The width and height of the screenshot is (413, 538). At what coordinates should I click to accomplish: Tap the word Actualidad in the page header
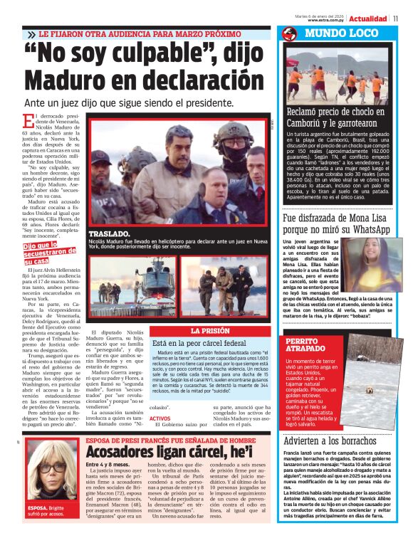[x=368, y=19]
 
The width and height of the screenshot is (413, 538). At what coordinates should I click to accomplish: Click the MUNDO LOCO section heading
[x=333, y=33]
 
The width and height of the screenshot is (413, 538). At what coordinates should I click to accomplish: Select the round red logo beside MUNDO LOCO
[x=289, y=33]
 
